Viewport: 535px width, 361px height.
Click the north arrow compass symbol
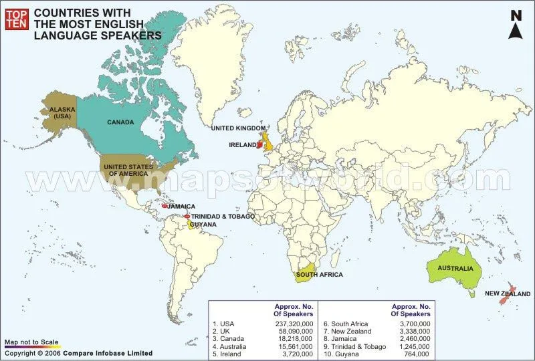[516, 25]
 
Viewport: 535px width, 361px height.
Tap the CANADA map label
[121, 122]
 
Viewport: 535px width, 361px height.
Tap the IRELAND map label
[242, 144]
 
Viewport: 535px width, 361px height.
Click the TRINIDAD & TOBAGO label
[223, 217]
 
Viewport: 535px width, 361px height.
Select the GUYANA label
[203, 225]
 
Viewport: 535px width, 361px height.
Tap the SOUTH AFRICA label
[319, 275]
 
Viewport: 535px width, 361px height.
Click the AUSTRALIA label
[455, 269]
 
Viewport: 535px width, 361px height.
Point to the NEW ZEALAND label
[508, 294]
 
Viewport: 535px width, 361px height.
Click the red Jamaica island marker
[165, 207]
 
